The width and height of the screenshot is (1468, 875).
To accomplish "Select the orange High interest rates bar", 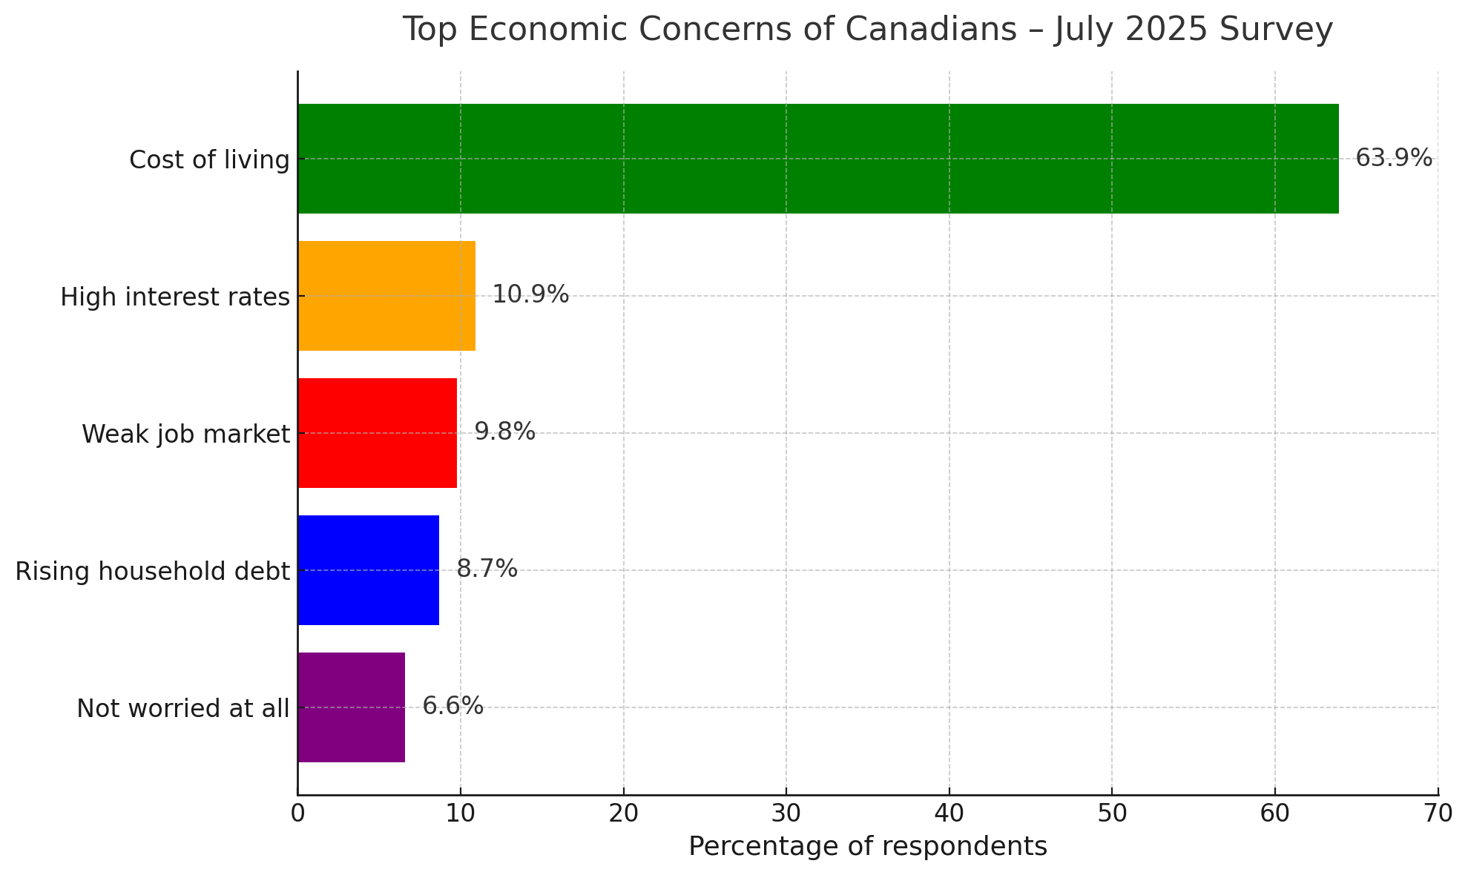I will tap(386, 296).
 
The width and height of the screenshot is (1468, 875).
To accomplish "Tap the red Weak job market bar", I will tap(378, 433).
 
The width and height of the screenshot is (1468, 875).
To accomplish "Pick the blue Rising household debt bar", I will tap(369, 570).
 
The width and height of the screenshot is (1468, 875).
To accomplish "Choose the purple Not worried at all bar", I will tap(352, 707).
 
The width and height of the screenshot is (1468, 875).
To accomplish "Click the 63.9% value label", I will tap(1394, 158).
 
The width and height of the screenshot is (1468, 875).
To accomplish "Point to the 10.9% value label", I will tap(530, 295).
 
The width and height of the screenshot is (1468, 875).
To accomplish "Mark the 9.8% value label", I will tap(504, 432).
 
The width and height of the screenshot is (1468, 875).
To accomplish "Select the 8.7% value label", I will tap(487, 569).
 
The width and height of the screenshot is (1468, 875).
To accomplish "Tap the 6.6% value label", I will tap(452, 706).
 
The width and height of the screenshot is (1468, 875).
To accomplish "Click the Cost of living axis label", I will tap(209, 160).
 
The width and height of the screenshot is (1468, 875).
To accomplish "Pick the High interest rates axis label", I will tap(174, 297).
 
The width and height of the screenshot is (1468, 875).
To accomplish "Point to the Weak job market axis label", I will tap(185, 435).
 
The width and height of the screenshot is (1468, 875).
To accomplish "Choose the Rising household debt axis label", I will tap(152, 572).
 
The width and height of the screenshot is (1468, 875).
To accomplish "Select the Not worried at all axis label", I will tap(182, 709).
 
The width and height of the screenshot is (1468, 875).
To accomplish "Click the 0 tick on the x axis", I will tap(297, 814).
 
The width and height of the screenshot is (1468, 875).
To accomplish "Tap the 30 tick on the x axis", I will tap(786, 814).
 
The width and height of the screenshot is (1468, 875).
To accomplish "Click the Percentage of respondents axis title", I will tap(867, 847).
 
